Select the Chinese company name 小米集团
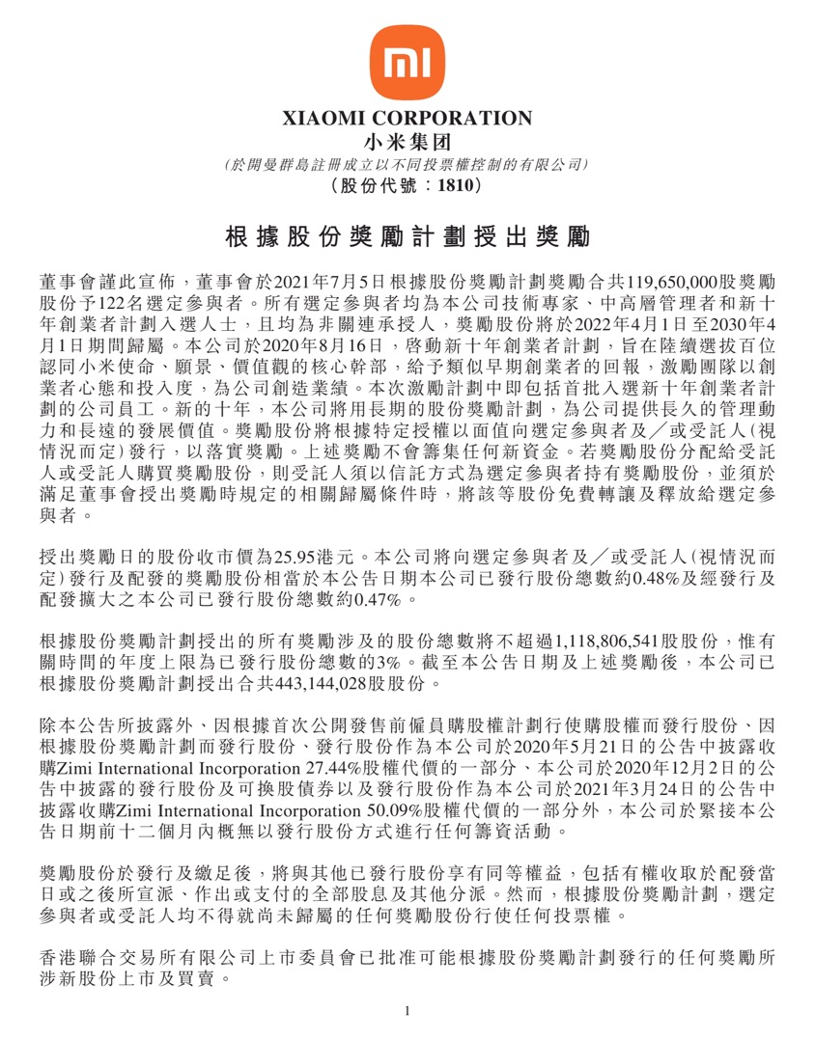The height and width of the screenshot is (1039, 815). point(407,143)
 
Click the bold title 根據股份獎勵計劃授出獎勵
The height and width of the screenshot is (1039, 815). point(407,237)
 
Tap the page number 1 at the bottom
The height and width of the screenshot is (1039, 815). point(407,1011)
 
